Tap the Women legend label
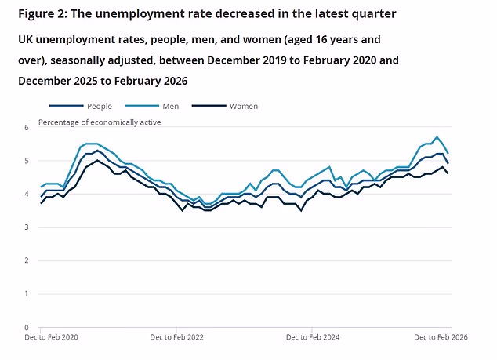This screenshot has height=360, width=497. [244, 106]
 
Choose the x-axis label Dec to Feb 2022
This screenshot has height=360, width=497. [176, 338]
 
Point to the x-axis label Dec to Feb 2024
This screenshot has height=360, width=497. [313, 338]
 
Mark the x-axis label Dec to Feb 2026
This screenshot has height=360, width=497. [441, 338]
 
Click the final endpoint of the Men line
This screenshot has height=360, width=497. [448, 153]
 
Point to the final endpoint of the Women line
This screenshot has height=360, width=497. [448, 173]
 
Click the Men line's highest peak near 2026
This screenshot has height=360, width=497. [437, 137]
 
